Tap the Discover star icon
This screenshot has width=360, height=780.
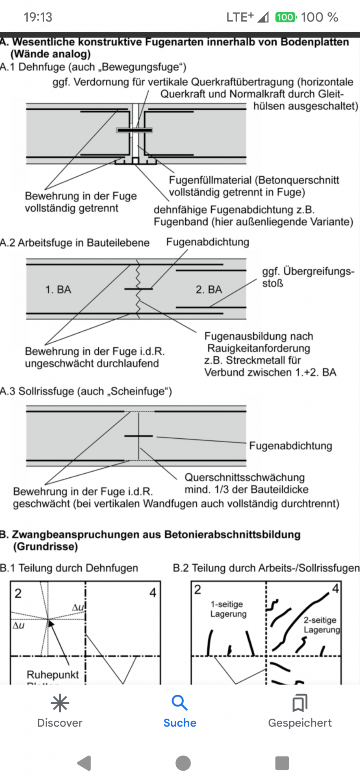click(x=60, y=703)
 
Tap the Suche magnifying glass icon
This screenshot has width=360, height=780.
click(x=179, y=702)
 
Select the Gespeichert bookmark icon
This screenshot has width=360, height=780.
click(x=300, y=703)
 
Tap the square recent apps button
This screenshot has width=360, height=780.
click(x=282, y=763)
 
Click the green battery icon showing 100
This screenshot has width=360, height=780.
click(x=286, y=17)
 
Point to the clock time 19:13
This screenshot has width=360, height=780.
click(x=38, y=17)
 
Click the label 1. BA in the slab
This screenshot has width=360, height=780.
click(x=58, y=290)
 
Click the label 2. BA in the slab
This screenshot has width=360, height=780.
click(x=209, y=290)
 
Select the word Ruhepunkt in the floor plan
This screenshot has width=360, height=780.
click(x=53, y=675)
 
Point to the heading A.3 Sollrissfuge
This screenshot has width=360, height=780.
click(x=86, y=391)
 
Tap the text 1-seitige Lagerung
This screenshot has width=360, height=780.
click(x=228, y=609)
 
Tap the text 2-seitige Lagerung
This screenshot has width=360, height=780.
click(x=321, y=625)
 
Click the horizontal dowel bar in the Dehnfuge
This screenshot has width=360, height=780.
click(x=134, y=130)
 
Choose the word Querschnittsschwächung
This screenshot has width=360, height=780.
click(x=245, y=477)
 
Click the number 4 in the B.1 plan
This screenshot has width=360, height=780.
click(x=153, y=593)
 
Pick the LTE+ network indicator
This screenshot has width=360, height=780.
click(x=240, y=17)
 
